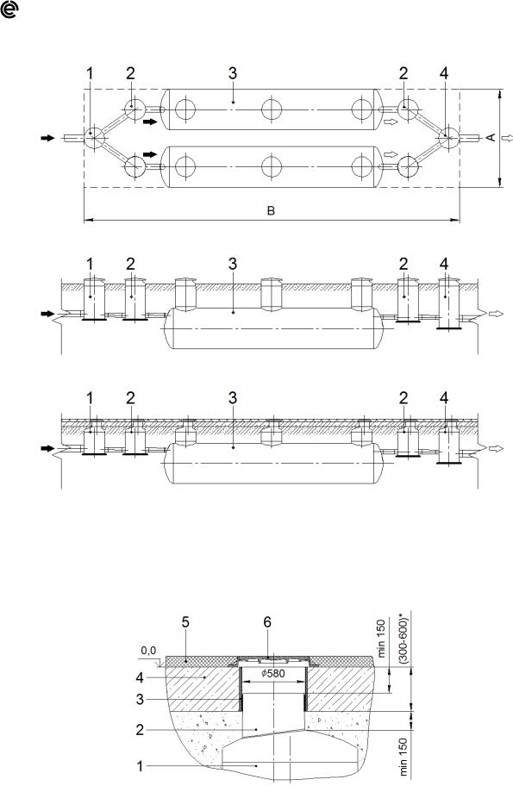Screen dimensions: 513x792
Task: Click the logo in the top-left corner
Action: click(9, 9)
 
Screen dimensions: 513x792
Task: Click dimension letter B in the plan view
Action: click(271, 210)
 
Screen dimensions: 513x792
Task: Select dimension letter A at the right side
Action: click(491, 137)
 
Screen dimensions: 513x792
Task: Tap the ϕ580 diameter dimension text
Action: click(273, 673)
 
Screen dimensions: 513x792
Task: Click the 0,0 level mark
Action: click(148, 651)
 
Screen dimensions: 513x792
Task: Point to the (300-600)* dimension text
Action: click(404, 638)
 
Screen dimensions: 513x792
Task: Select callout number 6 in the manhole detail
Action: click(267, 622)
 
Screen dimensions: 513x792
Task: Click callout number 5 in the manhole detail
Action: click(185, 622)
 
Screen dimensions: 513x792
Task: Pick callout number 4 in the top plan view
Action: click(444, 74)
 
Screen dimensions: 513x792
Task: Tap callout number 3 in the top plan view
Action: click(233, 74)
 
